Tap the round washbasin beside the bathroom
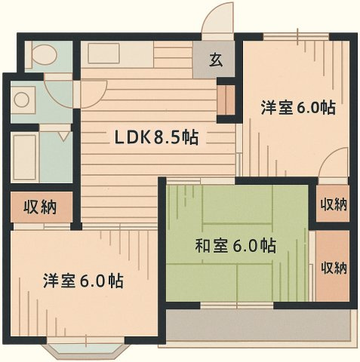click(x=23, y=100)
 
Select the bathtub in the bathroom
click(x=24, y=157)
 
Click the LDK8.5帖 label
click(x=155, y=138)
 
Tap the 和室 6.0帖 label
click(x=235, y=246)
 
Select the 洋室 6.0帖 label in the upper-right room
click(x=298, y=108)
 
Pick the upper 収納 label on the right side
click(x=333, y=204)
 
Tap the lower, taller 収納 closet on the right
click(x=333, y=267)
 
